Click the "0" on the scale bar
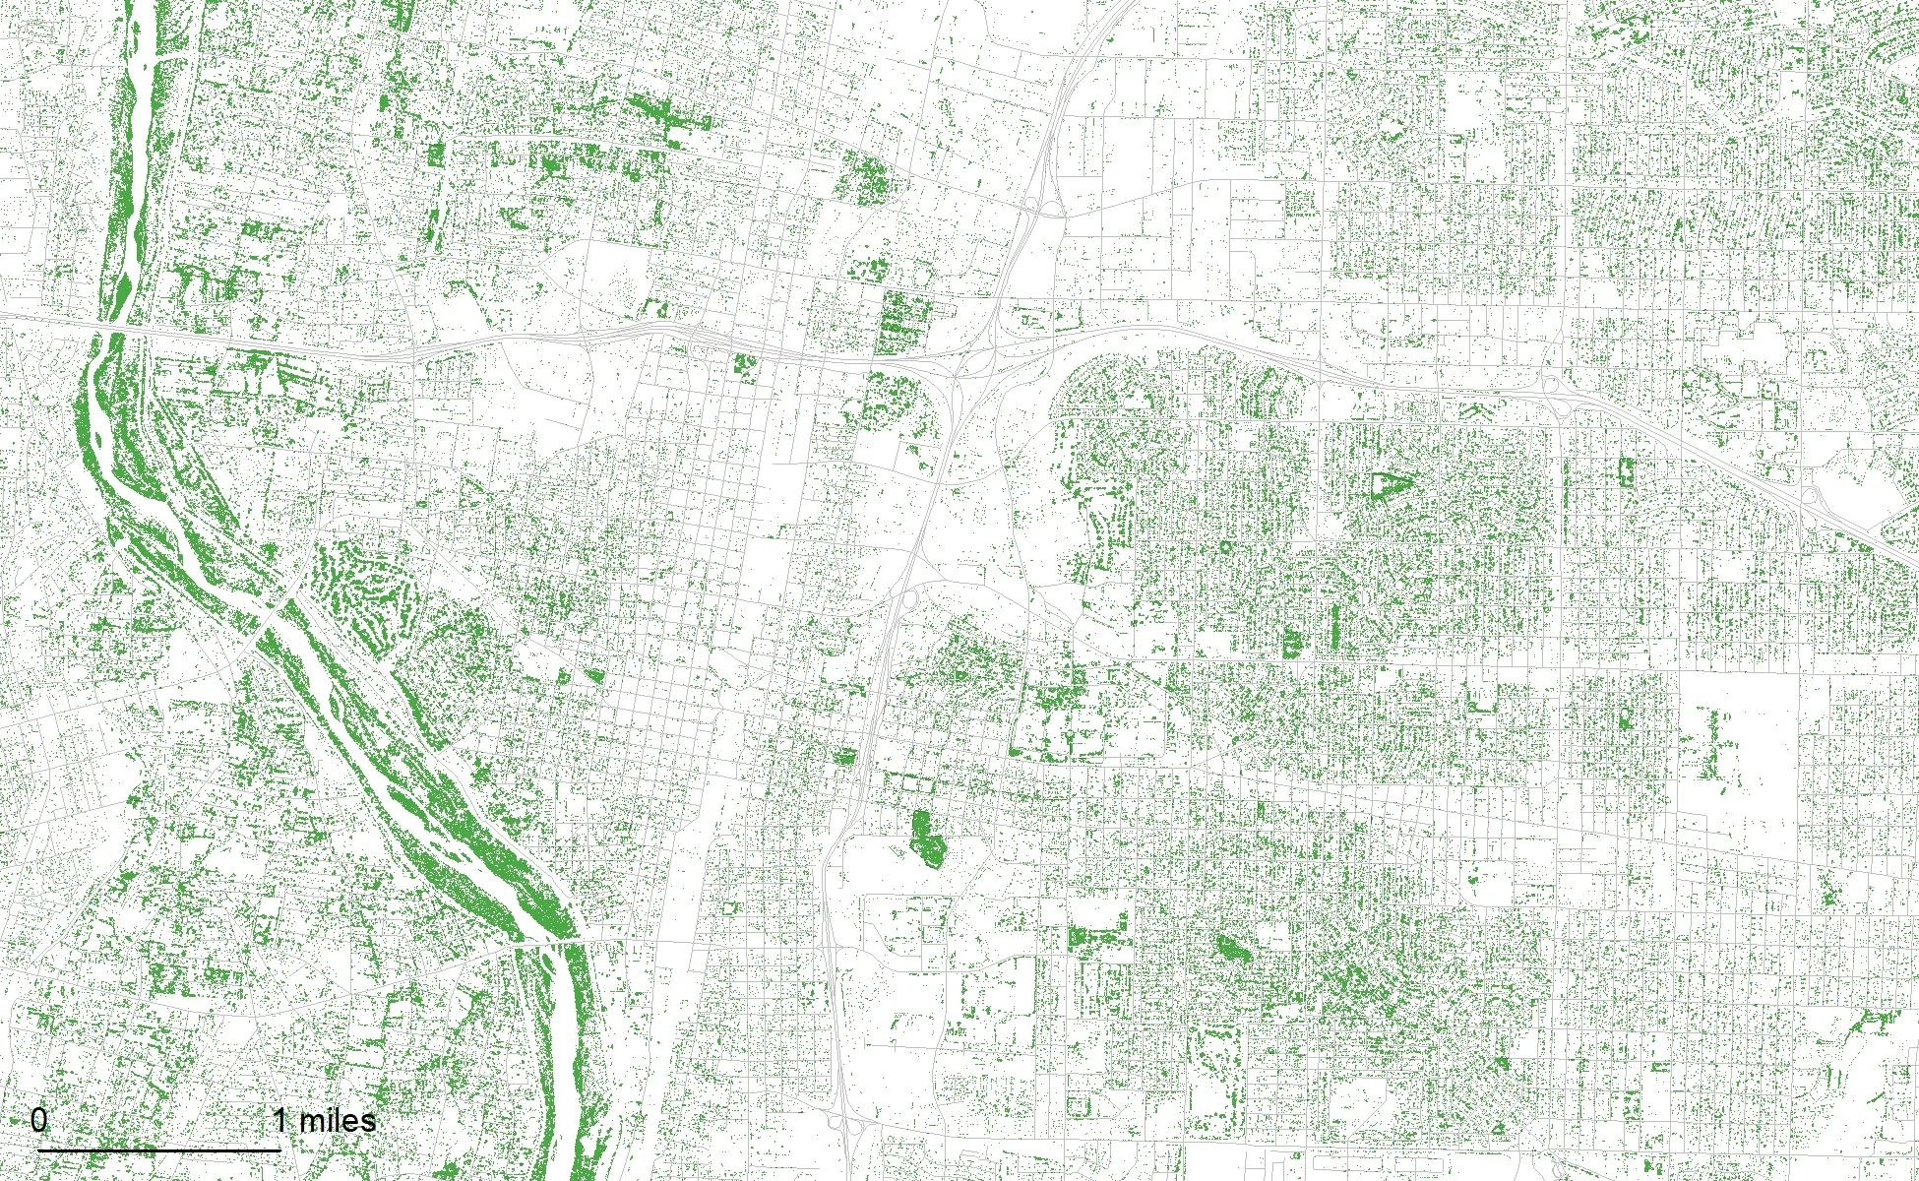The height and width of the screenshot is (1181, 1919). [38, 1120]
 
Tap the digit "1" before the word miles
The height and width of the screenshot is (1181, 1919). [280, 1120]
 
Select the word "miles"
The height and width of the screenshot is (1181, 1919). [338, 1120]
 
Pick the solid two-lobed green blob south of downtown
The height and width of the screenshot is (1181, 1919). [925, 836]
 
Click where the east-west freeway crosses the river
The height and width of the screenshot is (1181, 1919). [110, 325]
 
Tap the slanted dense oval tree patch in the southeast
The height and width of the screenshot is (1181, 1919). [1230, 949]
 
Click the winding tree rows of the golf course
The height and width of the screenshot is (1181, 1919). [364, 586]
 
